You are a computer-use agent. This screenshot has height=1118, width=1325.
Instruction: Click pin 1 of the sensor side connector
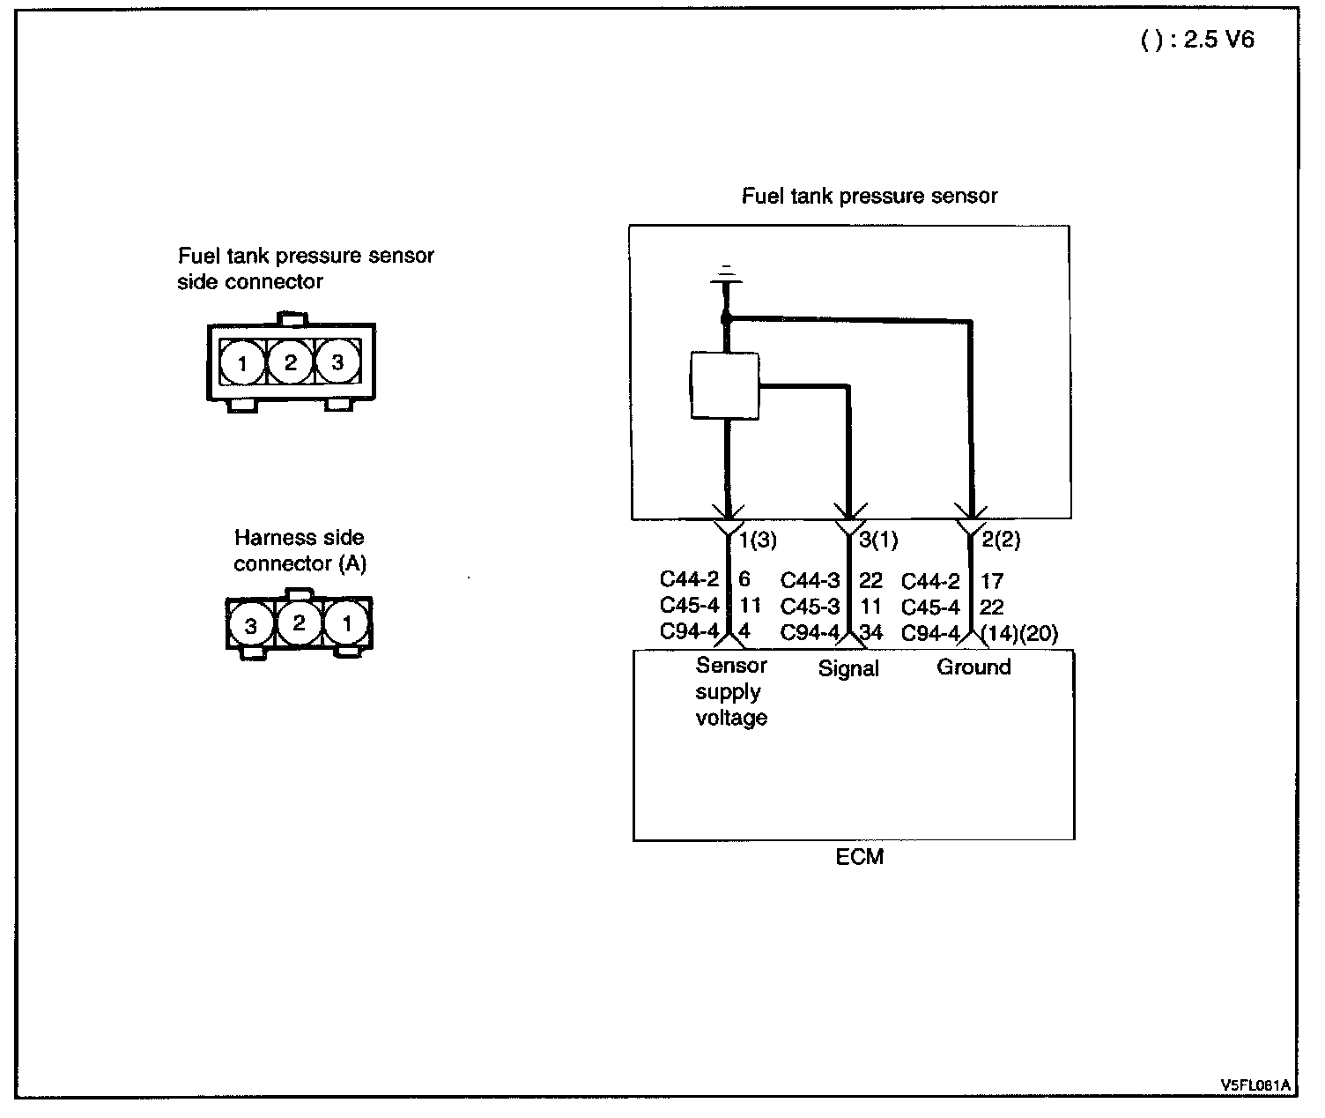(x=243, y=361)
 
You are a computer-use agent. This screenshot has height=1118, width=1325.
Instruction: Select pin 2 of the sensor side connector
(x=290, y=361)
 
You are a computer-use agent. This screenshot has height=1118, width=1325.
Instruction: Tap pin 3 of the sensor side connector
(x=337, y=361)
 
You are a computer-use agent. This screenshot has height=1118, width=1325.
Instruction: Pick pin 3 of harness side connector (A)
(x=252, y=626)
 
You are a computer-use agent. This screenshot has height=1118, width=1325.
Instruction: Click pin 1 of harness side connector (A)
(x=347, y=624)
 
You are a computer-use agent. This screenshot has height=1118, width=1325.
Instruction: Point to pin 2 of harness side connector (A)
(x=300, y=623)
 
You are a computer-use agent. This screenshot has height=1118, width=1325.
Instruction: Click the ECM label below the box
(x=859, y=856)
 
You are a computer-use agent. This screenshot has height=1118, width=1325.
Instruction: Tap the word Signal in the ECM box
(x=848, y=668)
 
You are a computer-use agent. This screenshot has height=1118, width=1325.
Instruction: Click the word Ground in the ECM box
(x=973, y=667)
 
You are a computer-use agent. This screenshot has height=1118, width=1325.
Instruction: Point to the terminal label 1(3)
(x=758, y=539)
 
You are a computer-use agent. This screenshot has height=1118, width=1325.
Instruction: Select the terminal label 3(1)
(x=878, y=539)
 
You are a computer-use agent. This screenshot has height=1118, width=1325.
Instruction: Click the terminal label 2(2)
(x=1000, y=539)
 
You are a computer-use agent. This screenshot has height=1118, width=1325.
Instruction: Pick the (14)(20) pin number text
(x=1018, y=633)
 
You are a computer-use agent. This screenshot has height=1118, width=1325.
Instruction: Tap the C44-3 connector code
(x=811, y=580)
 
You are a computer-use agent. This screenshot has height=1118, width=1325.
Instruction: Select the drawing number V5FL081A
(x=1255, y=1084)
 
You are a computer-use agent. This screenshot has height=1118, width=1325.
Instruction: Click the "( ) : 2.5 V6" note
(x=1197, y=41)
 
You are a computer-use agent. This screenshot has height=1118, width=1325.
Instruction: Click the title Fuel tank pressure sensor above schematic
(x=869, y=196)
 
